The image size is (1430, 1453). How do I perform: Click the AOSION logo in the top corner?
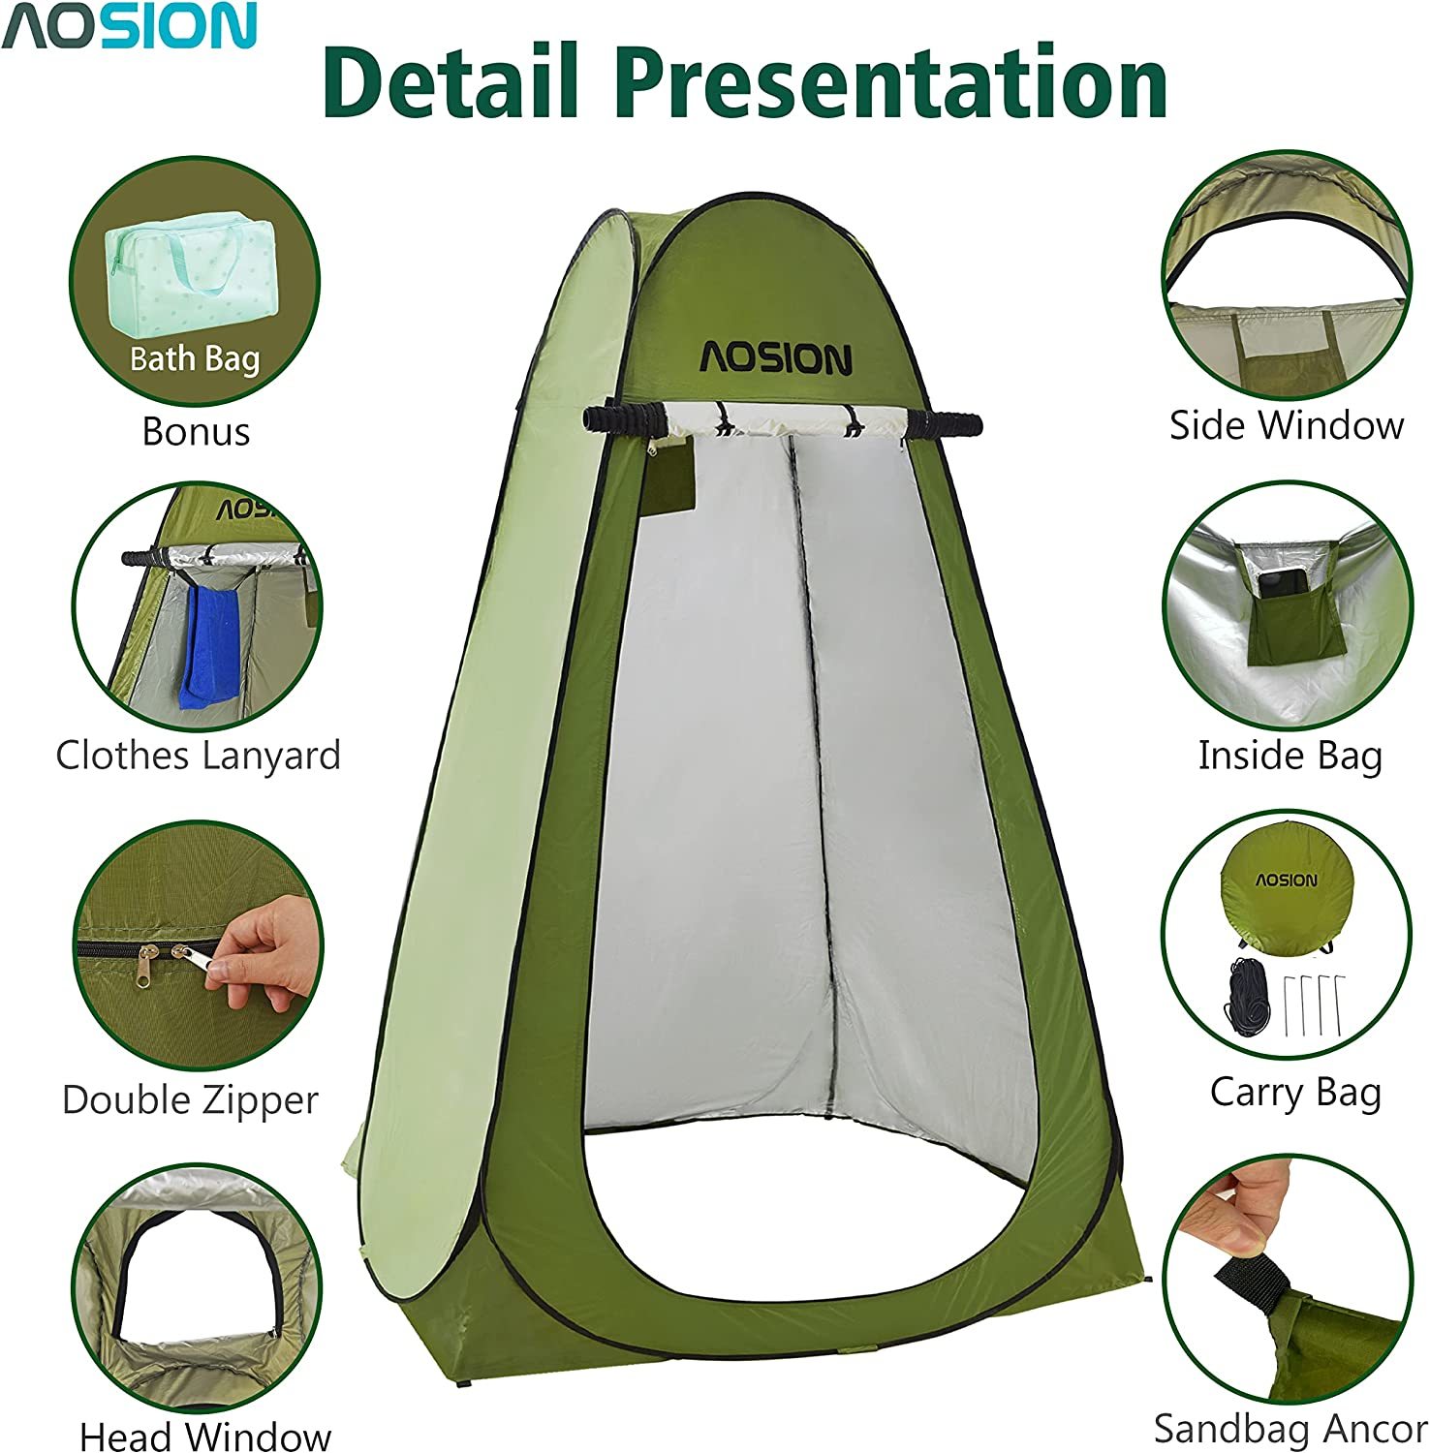click(x=129, y=26)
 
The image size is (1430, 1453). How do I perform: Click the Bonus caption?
click(x=196, y=431)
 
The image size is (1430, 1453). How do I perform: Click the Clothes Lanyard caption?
click(x=199, y=756)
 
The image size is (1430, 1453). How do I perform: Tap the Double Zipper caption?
click(x=191, y=1099)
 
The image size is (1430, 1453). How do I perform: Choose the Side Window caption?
click(x=1287, y=425)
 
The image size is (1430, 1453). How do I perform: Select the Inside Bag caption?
click(x=1290, y=756)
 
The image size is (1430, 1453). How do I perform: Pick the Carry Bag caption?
click(x=1295, y=1093)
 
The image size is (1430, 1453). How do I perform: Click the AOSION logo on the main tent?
click(x=776, y=358)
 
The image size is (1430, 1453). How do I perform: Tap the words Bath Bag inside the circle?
click(x=196, y=359)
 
